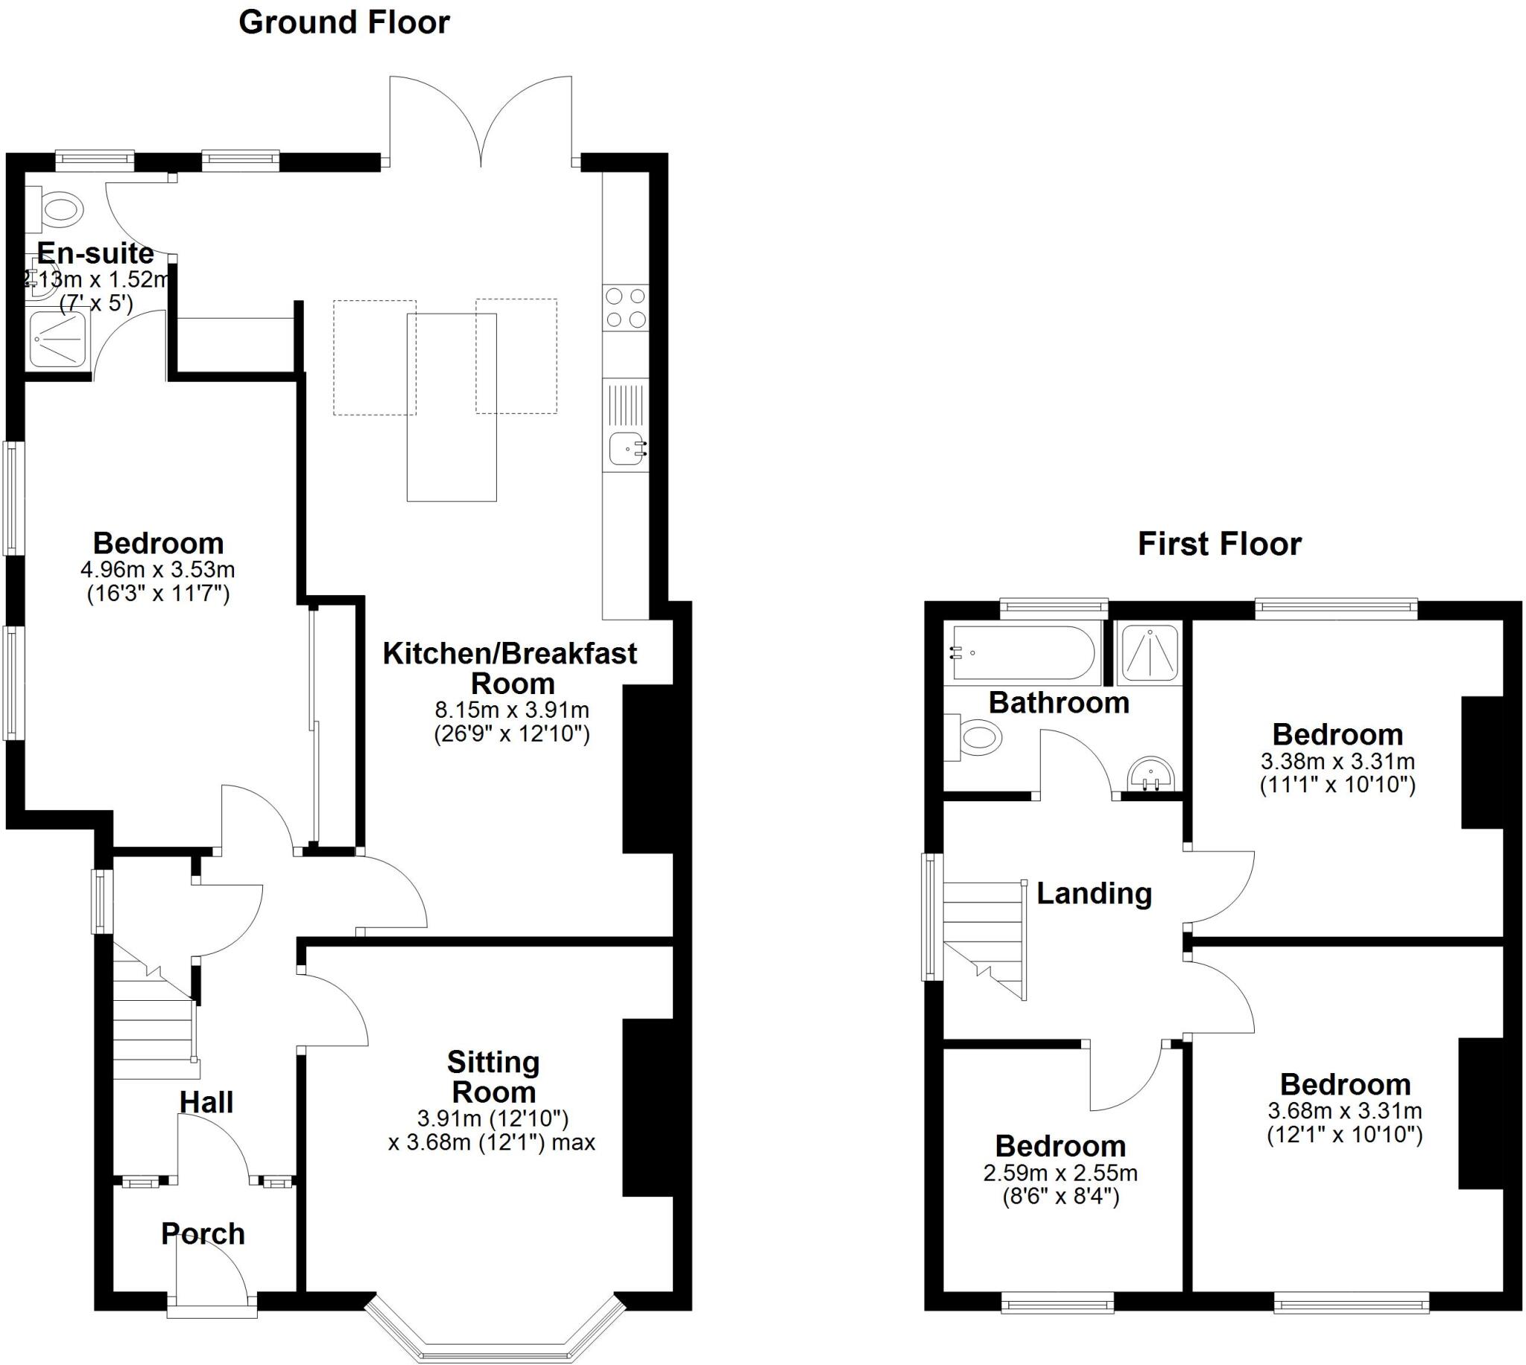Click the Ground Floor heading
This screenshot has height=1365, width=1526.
pos(343,23)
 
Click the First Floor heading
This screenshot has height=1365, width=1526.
pos(1219,544)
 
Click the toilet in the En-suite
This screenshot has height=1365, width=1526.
pos(60,208)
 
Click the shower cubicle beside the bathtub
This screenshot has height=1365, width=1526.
pos(1149,652)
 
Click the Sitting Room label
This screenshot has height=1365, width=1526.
pos(493,1077)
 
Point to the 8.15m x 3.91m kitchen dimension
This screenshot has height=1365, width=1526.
pos(512,710)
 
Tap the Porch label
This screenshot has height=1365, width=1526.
pos(203,1234)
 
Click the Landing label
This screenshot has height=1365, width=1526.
pos(1094,894)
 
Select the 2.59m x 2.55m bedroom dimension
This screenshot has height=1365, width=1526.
pos(1060,1173)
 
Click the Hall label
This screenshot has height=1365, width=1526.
pos(206,1102)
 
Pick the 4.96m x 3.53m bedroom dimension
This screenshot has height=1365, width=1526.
pos(157,569)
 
